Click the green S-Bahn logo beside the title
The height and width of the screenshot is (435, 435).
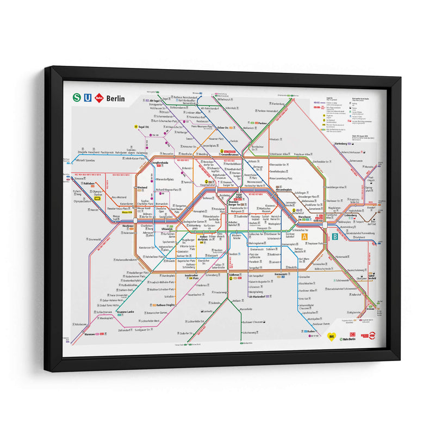78,98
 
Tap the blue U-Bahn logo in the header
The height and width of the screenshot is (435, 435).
89,98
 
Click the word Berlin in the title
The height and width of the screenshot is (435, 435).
115,98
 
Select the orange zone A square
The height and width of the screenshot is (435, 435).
305,237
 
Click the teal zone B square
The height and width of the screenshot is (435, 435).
335,237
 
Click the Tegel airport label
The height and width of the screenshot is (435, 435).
144,127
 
